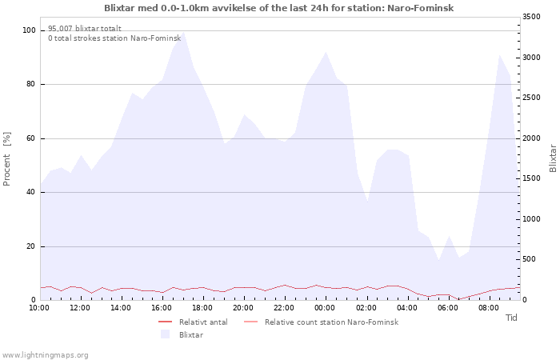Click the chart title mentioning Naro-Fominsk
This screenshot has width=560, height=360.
pos(278,8)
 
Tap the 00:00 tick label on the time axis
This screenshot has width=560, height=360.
pos(325,308)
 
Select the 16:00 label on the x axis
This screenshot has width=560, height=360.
pos(162,308)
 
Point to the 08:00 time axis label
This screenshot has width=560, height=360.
pos(488,308)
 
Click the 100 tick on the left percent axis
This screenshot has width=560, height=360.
pos(29,30)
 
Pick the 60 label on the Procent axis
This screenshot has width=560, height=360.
pos(30,138)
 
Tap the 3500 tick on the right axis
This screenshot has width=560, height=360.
pos(531,17)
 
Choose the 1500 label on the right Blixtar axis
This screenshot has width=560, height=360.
pos(531,178)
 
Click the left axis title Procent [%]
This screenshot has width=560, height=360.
pos(6,159)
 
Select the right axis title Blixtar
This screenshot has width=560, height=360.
pos(553,158)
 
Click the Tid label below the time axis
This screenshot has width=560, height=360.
pos(511,318)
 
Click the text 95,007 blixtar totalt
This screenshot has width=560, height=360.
pos(85,29)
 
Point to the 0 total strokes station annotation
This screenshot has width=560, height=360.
pos(114,38)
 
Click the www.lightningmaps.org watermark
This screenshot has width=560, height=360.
pos(45,355)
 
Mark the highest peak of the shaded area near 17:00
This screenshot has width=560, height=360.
pos(183,32)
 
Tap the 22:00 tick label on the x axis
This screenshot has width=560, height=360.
pos(284,308)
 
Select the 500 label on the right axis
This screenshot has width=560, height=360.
pos(530,259)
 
